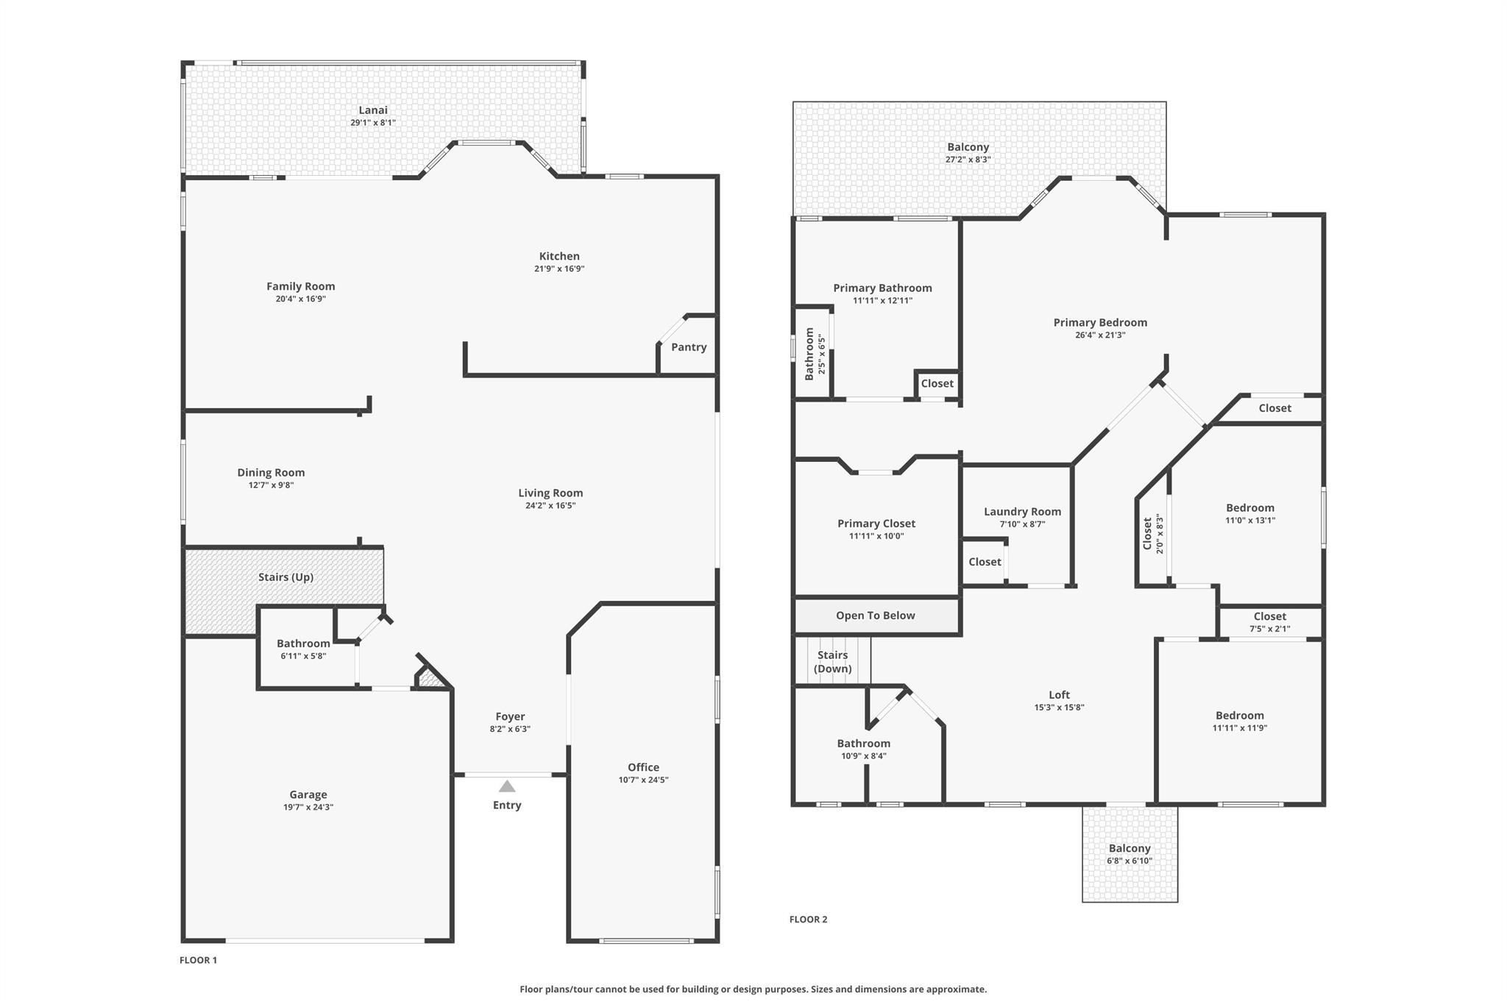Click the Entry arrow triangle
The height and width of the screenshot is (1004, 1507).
(507, 786)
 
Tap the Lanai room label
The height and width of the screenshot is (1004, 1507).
(373, 110)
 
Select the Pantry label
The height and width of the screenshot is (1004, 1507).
(689, 347)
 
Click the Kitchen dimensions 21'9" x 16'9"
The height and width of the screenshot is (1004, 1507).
(559, 269)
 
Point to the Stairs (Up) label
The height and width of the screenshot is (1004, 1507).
(286, 577)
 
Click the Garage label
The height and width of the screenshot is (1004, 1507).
(308, 794)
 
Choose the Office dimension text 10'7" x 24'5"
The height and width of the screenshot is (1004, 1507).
(643, 780)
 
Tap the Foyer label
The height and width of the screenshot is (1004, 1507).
(510, 716)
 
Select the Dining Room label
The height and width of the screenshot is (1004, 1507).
(271, 473)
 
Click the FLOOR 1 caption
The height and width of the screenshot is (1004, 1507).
(199, 960)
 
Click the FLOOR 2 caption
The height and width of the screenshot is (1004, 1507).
(808, 919)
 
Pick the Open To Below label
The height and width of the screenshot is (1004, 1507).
(875, 616)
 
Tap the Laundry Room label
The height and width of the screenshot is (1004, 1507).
(1022, 512)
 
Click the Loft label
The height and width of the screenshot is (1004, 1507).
(1059, 695)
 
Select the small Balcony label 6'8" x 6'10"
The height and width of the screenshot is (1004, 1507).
(1130, 854)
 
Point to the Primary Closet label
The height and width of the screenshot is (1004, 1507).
(876, 524)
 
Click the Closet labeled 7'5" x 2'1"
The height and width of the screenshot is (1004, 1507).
(1269, 622)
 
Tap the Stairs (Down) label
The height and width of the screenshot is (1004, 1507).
(832, 662)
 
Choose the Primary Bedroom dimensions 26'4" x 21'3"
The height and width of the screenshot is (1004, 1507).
(1100, 335)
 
